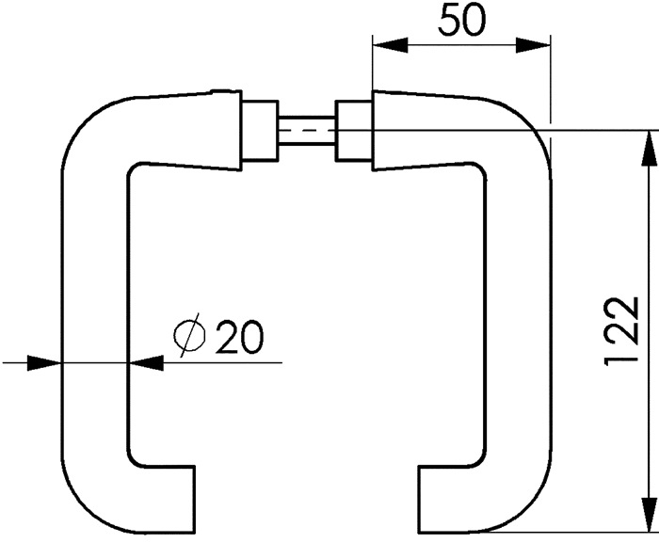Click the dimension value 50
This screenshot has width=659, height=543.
[461, 19]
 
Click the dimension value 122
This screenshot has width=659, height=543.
[622, 331]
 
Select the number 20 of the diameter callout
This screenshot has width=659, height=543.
[239, 336]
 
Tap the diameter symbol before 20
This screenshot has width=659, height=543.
[190, 335]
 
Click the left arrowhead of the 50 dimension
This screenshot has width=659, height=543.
[390, 45]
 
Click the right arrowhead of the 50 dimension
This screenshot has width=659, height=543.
[533, 45]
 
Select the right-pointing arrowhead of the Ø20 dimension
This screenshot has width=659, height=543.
[44, 362]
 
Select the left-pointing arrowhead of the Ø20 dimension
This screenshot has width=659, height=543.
[145, 362]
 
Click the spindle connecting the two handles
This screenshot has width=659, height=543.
[306, 130]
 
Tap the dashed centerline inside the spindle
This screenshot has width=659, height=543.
[306, 130]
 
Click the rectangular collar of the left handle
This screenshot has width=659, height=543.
[260, 131]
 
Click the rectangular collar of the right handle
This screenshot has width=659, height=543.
[353, 131]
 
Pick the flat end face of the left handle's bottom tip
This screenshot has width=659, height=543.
[195, 500]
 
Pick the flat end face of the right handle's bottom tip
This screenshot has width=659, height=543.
[419, 500]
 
